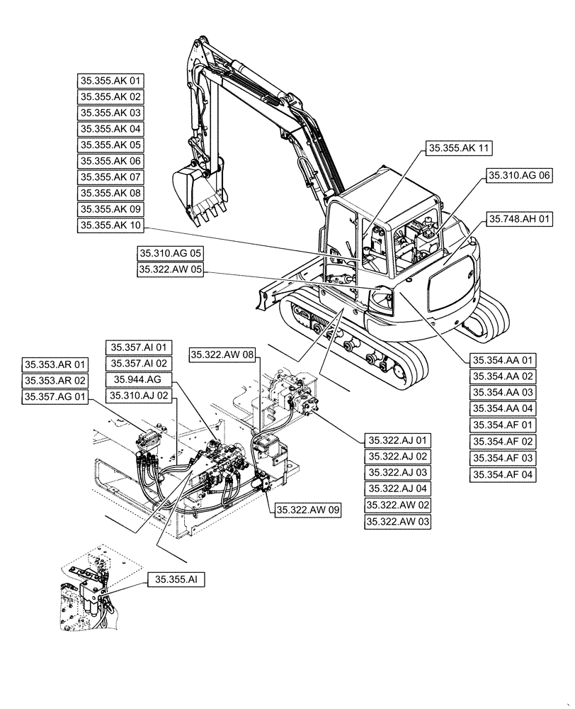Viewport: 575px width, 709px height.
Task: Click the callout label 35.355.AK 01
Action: pos(110,80)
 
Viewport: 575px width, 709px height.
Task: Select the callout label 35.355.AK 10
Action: pos(110,226)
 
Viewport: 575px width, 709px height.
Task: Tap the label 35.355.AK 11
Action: pos(459,148)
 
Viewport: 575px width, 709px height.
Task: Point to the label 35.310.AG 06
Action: pos(520,174)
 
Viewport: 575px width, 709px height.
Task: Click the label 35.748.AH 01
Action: pos(520,220)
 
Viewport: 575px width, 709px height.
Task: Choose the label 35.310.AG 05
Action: pos(170,252)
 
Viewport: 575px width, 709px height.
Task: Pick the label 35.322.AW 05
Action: pos(170,269)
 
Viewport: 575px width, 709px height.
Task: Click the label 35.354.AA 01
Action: pos(503,359)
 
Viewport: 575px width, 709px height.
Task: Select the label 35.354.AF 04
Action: pos(503,474)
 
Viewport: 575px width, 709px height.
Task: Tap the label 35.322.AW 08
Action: pos(221,352)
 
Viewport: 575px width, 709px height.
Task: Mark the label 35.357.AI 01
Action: pos(139,347)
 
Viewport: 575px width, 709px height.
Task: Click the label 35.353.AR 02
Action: pos(55,381)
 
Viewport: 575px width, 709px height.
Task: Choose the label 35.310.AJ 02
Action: pos(139,396)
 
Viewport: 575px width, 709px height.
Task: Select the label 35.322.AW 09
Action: pos(308,509)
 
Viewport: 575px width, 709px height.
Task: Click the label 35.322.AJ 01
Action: pos(397,440)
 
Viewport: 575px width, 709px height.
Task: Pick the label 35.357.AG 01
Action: pos(55,397)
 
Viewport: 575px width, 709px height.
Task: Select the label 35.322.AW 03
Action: pos(397,522)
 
